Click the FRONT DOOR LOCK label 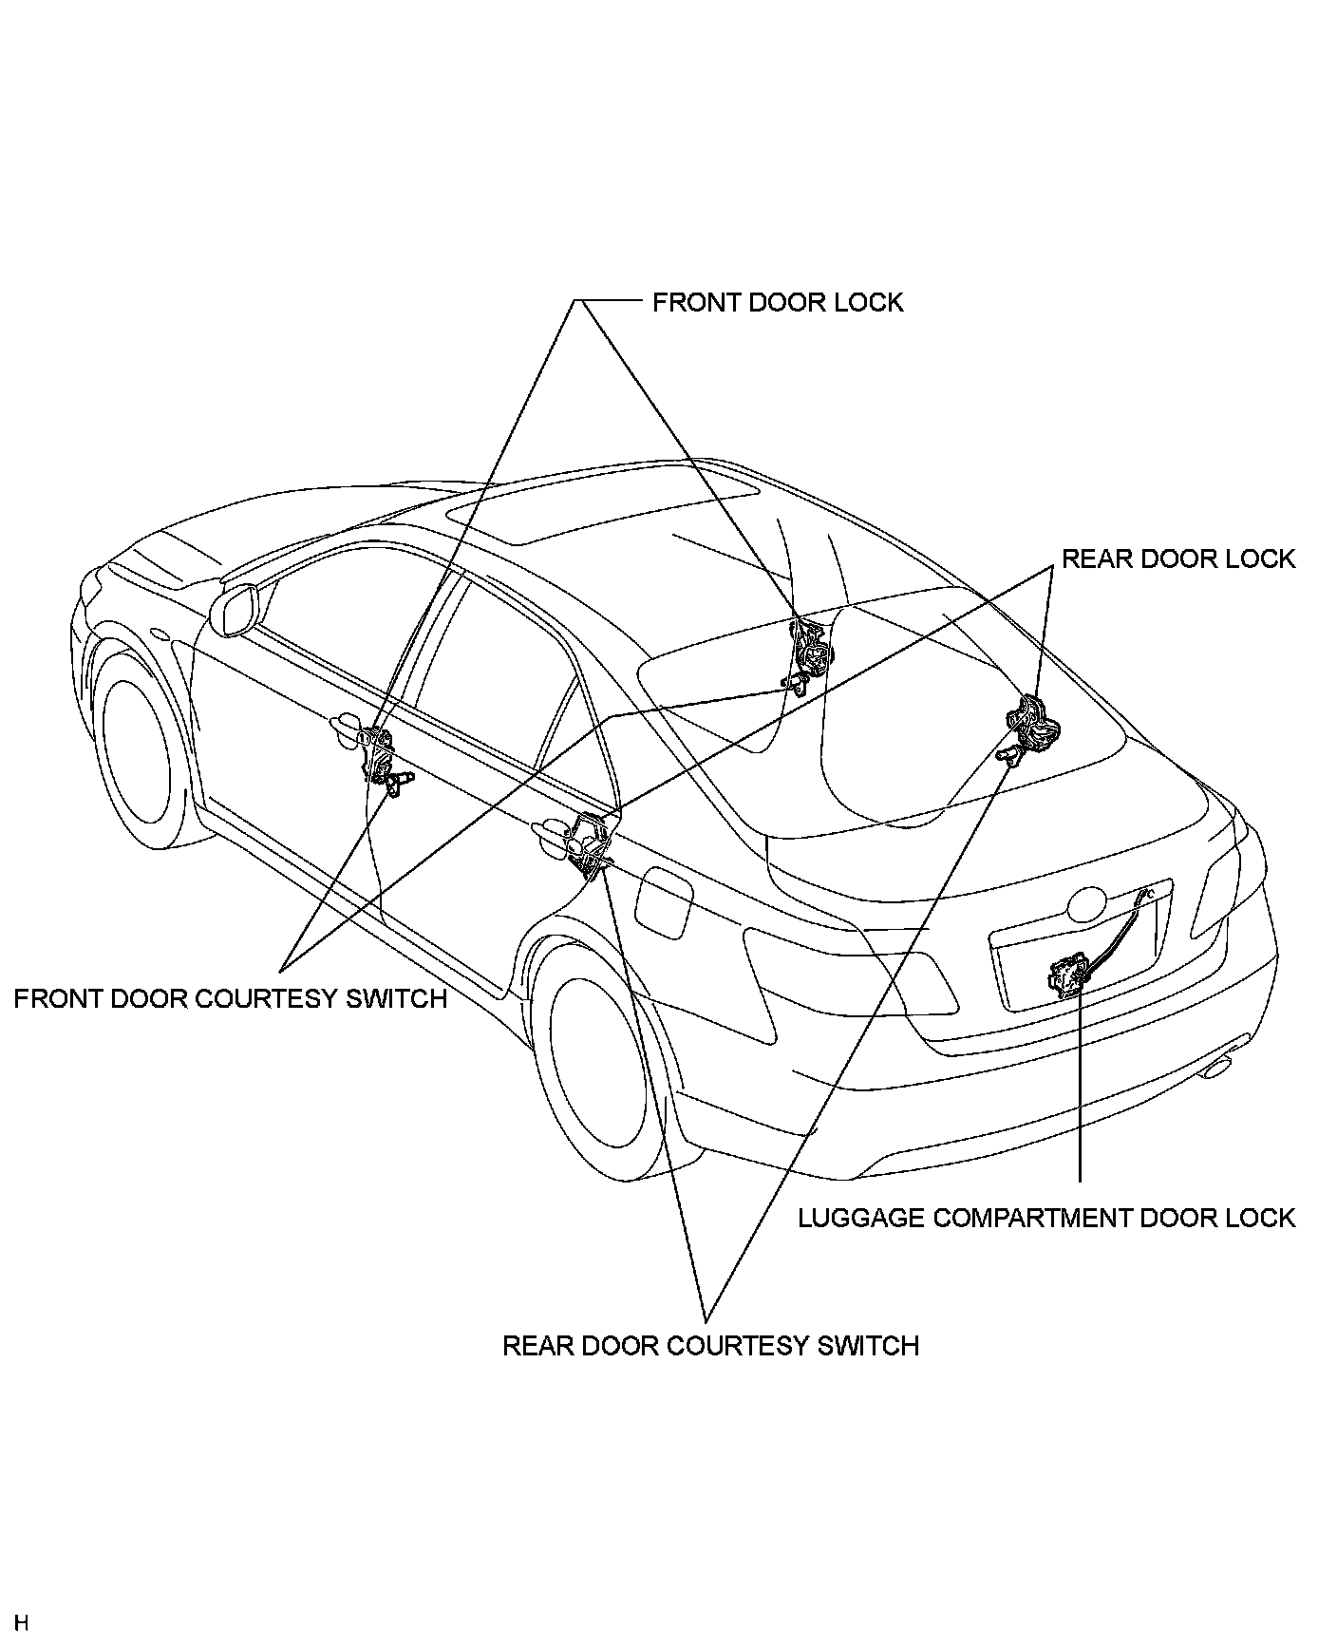(x=777, y=302)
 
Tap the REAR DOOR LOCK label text (x=1177, y=558)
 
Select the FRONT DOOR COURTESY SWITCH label (x=230, y=999)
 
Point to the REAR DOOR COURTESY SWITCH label (x=710, y=1346)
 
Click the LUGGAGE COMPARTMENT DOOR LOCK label (x=1045, y=1218)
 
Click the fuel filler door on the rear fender (x=666, y=903)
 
